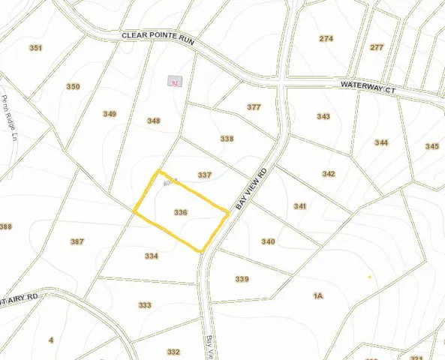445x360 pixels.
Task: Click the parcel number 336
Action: coord(180,212)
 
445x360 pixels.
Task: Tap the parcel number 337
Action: coord(205,175)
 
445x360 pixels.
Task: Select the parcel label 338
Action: coord(227,139)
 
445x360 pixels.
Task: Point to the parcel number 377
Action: coord(254,107)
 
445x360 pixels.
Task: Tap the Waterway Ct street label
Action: coord(367,88)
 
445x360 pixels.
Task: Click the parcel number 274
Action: coord(326,38)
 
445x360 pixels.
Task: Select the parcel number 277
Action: coord(377,47)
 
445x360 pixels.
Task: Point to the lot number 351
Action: coord(35,49)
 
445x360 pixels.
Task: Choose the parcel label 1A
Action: coord(317,296)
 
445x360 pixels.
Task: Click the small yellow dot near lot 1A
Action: coord(369,277)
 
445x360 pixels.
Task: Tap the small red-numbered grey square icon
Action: coord(175,82)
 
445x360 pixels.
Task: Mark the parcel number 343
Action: coord(323,116)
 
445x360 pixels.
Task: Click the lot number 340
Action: coord(268,241)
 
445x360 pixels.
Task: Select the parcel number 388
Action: coord(6,226)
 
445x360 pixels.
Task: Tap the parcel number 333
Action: coord(145,305)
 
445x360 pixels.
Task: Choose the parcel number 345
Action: coord(431,146)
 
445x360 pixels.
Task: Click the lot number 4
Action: coord(51,340)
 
